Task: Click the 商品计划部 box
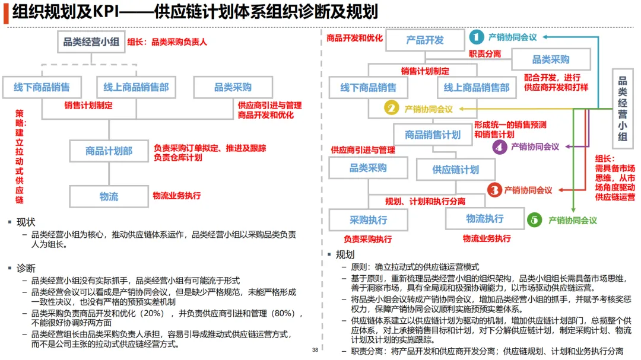[109, 151]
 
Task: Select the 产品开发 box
[424, 40]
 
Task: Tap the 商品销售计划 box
[433, 135]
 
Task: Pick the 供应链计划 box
[455, 170]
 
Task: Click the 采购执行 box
[368, 220]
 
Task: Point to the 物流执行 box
[484, 219]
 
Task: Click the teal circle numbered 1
[477, 37]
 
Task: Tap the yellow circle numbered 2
[391, 109]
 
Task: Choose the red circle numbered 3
[494, 190]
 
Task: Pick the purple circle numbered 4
[500, 146]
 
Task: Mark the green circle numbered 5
[535, 220]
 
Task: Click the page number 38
[315, 351]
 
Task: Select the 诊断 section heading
[26, 268]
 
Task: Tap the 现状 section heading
[26, 222]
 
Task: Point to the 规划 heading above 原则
[345, 254]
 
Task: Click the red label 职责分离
[485, 54]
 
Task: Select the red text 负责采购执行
[368, 239]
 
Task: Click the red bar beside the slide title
[5, 13]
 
